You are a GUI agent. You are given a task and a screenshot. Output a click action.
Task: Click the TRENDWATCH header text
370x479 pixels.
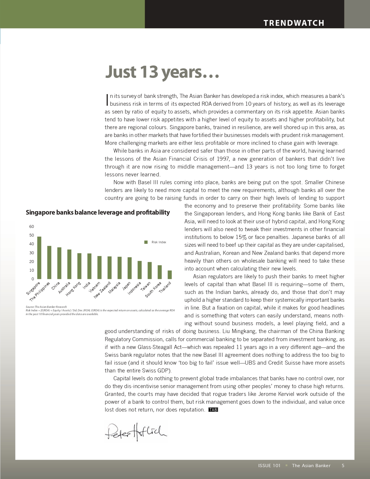(294, 23)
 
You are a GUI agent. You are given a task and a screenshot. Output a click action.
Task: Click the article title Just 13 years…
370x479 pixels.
(162, 72)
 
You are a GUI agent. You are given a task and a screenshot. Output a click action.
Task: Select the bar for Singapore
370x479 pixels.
(39, 258)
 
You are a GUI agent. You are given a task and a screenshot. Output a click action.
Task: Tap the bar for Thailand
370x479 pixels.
(170, 275)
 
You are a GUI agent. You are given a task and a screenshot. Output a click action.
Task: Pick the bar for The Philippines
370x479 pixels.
(49, 262)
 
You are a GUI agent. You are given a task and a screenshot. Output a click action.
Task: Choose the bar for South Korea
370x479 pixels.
(159, 272)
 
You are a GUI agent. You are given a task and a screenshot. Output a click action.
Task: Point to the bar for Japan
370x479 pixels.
(130, 268)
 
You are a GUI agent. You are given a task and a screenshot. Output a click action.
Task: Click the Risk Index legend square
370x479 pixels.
(146, 242)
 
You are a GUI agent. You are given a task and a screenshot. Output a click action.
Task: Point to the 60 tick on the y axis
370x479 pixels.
(32, 226)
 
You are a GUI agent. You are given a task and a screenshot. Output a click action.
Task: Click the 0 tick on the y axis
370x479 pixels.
(32, 279)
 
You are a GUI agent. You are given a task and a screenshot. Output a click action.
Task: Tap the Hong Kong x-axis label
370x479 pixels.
(73, 289)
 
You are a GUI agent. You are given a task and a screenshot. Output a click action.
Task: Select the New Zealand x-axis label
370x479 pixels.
(102, 290)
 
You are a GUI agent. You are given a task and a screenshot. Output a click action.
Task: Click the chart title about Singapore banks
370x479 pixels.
(98, 212)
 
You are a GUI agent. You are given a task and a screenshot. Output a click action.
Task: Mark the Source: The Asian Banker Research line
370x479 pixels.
(46, 307)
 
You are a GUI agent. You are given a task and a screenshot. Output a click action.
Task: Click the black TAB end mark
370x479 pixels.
(213, 409)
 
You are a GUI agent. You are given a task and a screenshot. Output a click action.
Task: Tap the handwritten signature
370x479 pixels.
(135, 432)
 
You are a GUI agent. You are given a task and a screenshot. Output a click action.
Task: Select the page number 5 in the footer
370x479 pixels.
(343, 466)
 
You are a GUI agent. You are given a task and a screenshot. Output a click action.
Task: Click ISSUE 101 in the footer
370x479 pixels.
(269, 466)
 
